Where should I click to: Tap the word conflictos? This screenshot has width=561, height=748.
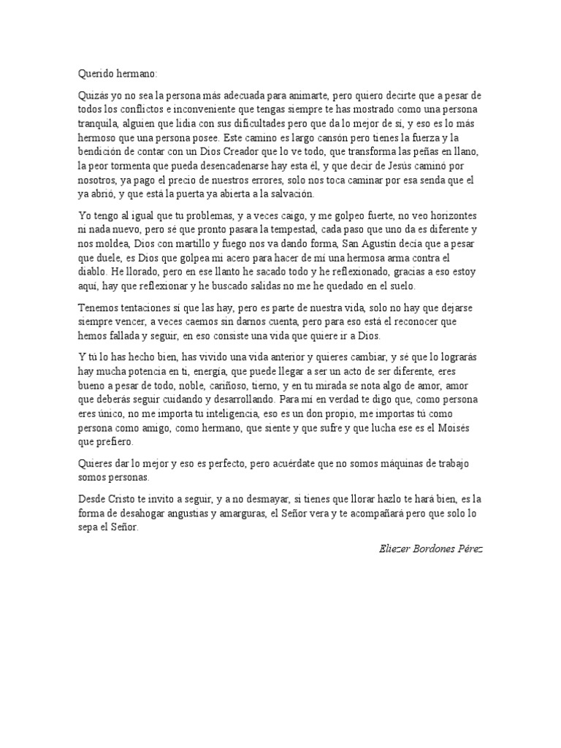coord(150,110)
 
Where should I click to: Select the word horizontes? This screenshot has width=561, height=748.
coord(453,216)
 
